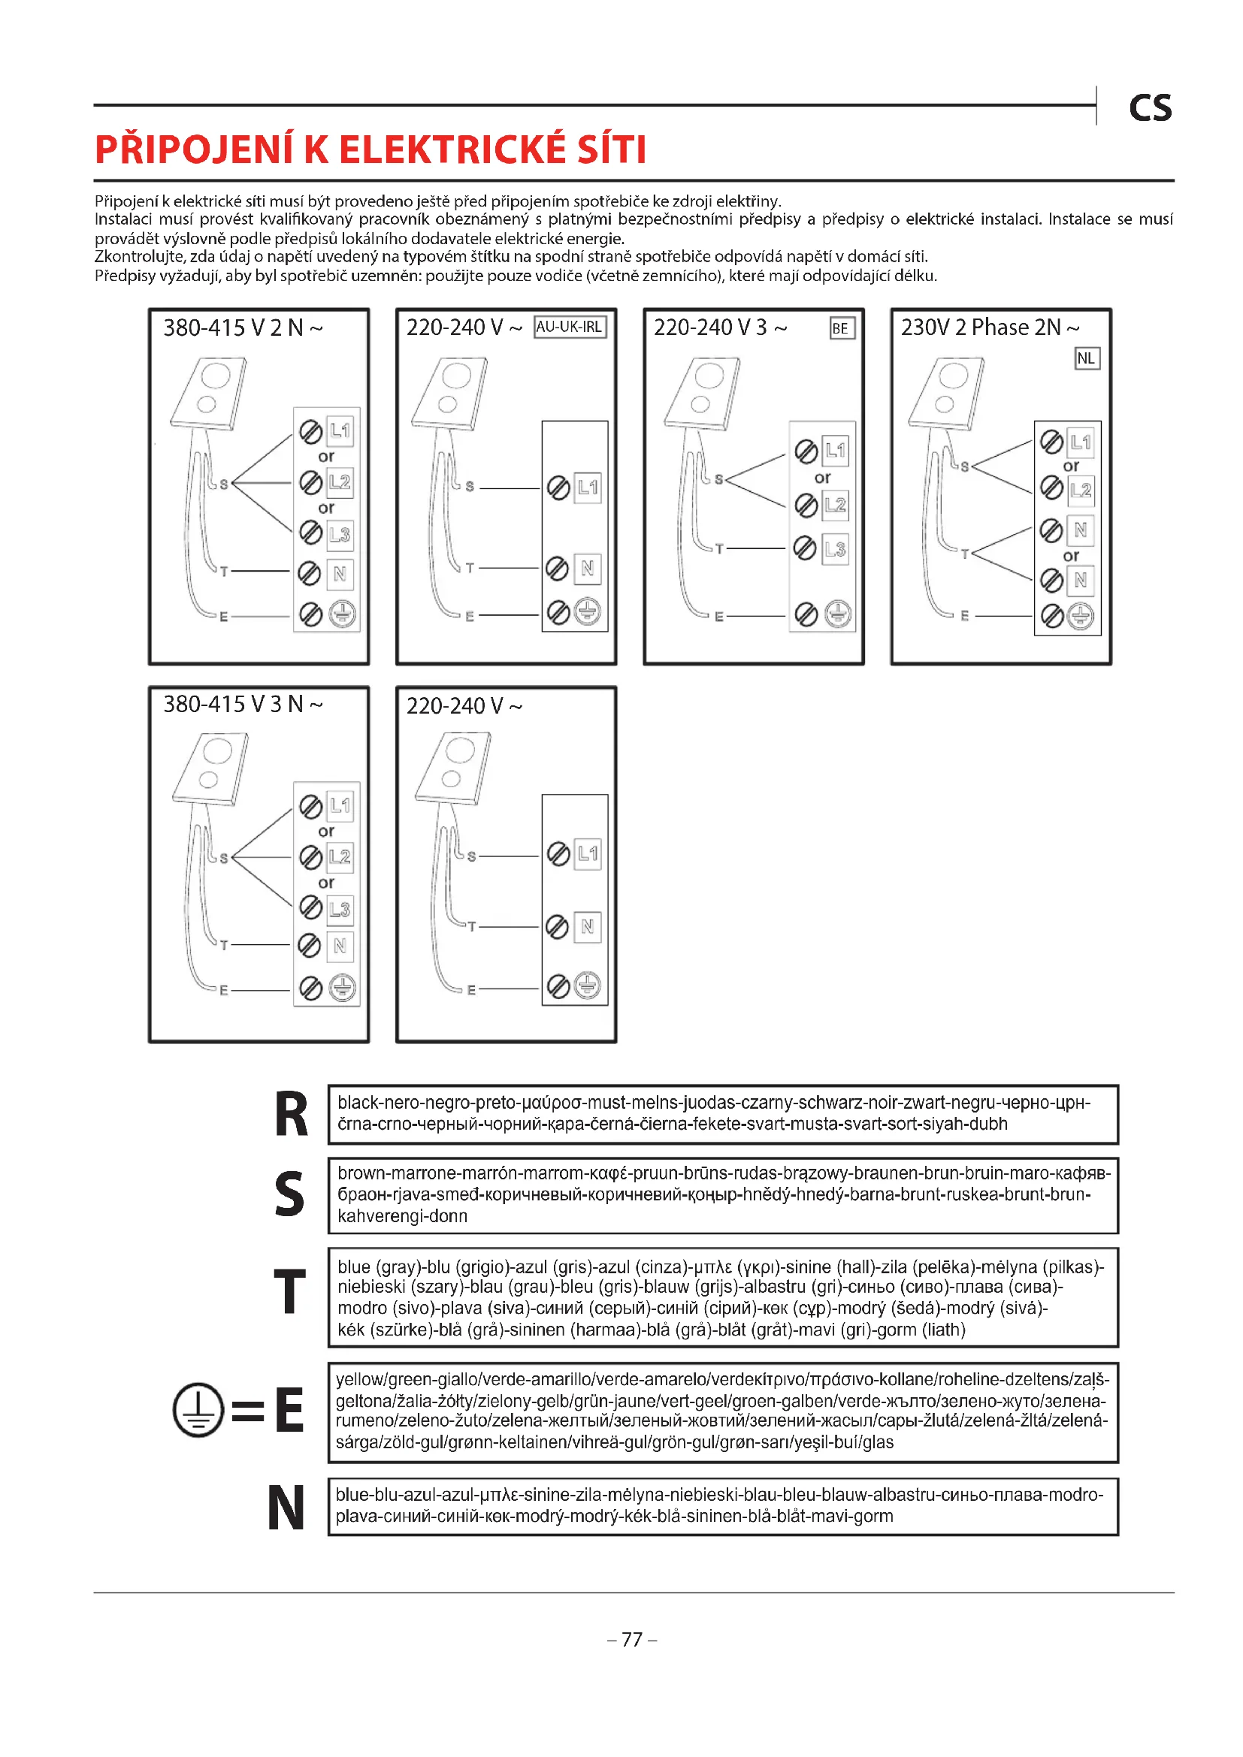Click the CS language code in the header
point(1150,109)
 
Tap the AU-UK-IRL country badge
point(570,328)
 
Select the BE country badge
point(840,328)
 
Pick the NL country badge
point(1086,358)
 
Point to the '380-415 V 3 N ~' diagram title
point(243,704)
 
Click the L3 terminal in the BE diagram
point(835,548)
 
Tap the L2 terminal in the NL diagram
point(1081,490)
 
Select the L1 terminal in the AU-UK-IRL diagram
point(588,487)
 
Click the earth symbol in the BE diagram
point(837,614)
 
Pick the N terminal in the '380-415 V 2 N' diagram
point(340,573)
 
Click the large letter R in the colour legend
point(291,1114)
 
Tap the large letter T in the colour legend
point(289,1292)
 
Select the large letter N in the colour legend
point(286,1508)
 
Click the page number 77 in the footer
point(631,1639)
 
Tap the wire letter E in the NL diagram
point(964,615)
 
